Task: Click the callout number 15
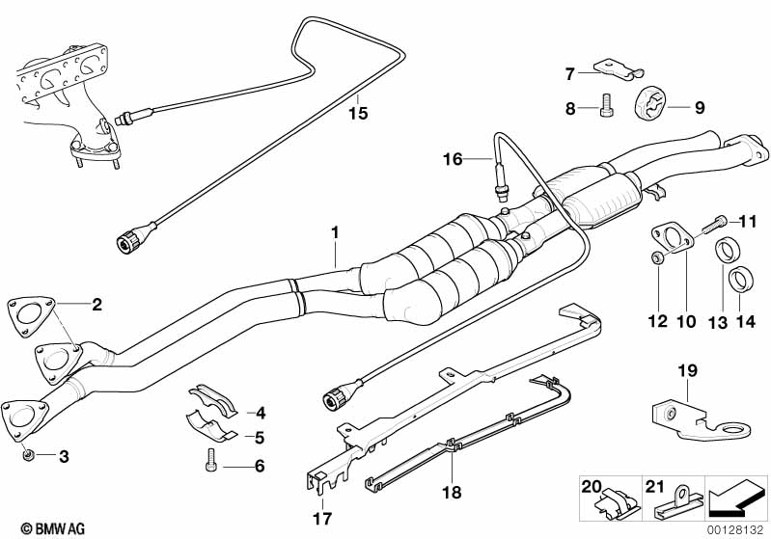coord(358,114)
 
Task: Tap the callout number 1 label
coord(335,233)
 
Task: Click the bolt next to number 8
coord(606,105)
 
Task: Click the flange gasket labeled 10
coord(675,239)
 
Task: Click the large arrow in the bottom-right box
coord(738,499)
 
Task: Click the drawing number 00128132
coord(737,529)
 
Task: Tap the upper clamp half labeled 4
coord(209,398)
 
